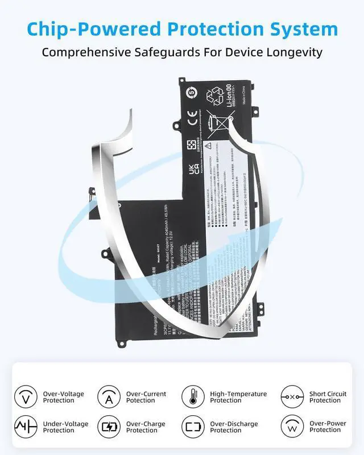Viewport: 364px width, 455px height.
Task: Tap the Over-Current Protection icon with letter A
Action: point(109,397)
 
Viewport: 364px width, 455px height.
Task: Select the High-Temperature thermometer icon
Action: point(193,397)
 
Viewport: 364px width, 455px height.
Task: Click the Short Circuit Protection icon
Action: point(292,397)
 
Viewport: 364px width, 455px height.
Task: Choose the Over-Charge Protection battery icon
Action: point(109,427)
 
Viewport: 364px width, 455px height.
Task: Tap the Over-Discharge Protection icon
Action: point(193,427)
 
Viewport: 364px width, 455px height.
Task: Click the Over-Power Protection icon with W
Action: point(292,427)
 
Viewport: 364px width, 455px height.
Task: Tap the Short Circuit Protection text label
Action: point(328,397)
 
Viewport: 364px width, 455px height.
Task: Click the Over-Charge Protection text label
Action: point(146,427)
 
